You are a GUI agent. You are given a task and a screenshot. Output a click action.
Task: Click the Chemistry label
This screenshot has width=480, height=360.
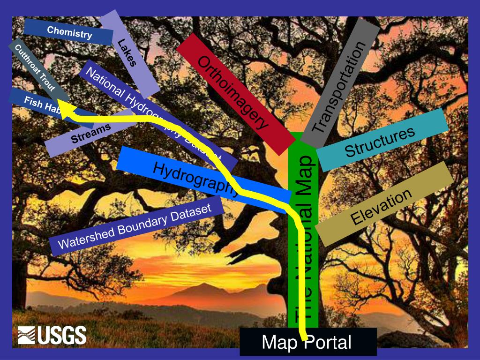point(69,32)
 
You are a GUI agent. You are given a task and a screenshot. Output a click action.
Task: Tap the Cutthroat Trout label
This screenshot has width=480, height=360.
point(36,68)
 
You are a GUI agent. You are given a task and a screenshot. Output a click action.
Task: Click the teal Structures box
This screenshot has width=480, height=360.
point(380,141)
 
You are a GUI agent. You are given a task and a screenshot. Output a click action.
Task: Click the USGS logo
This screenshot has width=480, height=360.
point(52,335)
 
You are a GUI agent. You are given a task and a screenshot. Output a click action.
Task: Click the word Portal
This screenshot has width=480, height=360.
point(328,342)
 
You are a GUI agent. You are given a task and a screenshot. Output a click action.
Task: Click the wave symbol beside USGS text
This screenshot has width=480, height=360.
point(26,336)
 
